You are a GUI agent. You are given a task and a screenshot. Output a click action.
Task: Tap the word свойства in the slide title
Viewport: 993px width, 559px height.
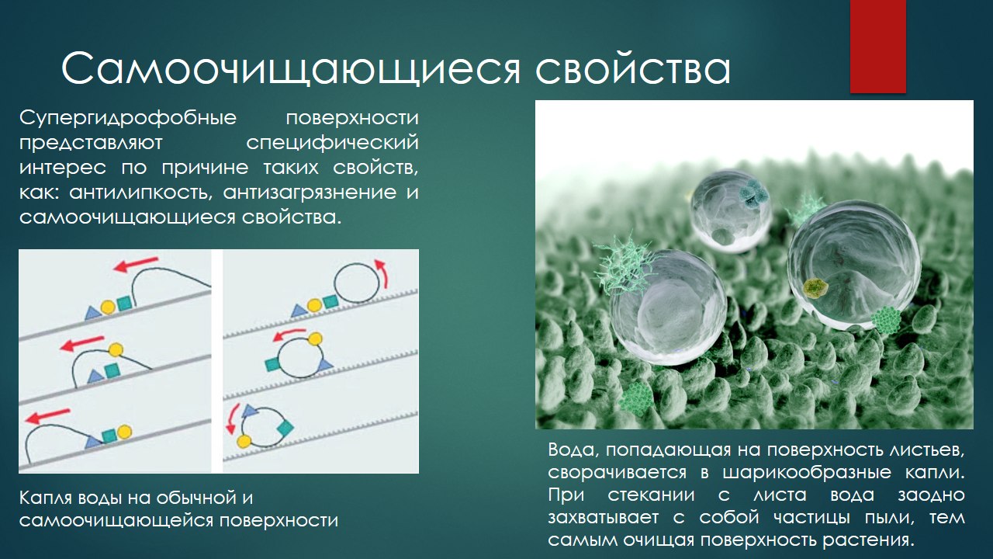point(633,69)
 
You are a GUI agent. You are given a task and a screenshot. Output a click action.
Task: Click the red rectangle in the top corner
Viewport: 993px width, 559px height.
point(877,46)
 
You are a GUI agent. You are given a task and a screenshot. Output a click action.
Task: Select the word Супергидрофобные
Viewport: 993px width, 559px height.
point(128,119)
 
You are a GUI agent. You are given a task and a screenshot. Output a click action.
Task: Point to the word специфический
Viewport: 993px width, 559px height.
point(333,144)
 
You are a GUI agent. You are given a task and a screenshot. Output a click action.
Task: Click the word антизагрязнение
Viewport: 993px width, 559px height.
point(310,193)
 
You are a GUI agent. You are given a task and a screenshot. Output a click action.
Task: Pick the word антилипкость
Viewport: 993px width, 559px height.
point(139,193)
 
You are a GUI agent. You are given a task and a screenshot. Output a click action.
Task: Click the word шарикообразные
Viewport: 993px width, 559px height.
point(807,473)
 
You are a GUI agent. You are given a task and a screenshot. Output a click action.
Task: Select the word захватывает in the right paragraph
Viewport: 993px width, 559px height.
point(604,517)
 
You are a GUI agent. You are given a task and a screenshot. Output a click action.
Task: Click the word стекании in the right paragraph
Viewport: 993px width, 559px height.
point(651,495)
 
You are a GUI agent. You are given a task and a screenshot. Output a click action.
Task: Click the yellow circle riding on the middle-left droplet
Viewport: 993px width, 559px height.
point(116,350)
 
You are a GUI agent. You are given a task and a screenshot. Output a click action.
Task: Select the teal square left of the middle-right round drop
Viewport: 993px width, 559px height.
point(272,365)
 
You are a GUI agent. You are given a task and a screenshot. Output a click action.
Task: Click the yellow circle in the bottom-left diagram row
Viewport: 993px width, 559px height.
point(124,432)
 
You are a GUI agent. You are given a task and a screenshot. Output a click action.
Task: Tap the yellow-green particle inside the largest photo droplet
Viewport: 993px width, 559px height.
point(815,288)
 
